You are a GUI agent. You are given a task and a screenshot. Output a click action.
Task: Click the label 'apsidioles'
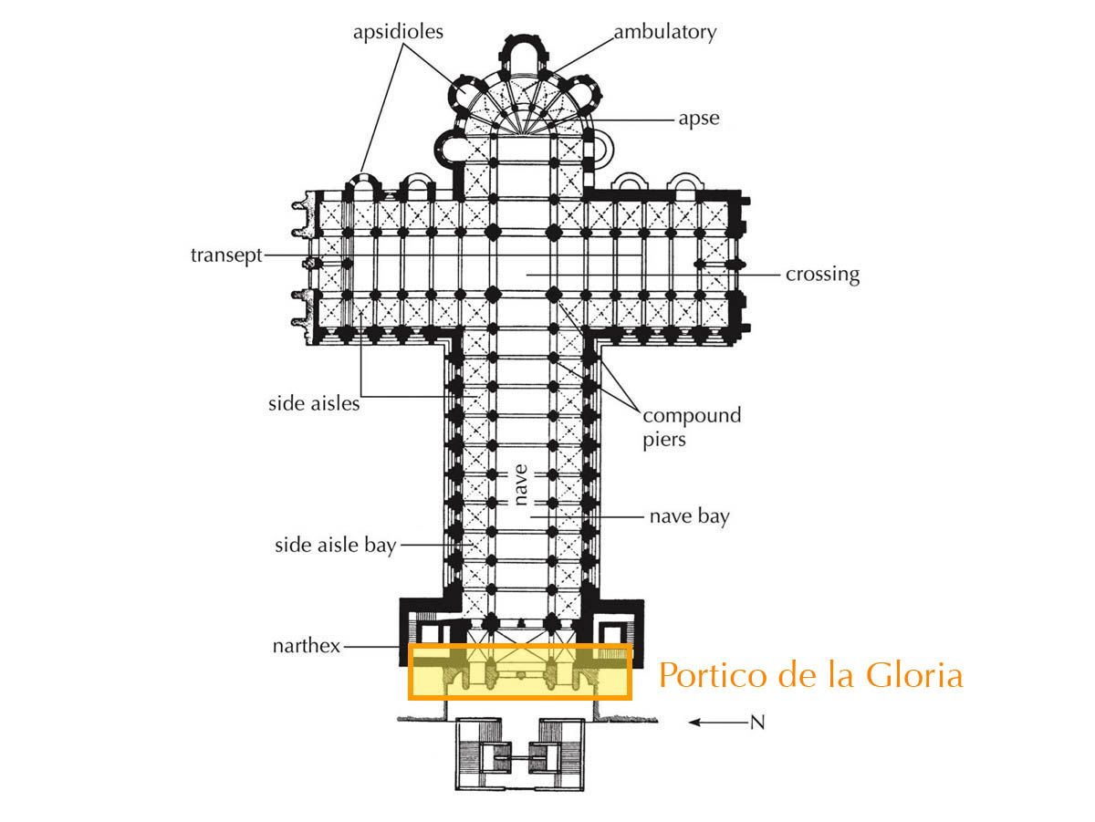(x=398, y=32)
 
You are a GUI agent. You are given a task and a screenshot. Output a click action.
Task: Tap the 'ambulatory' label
(x=665, y=32)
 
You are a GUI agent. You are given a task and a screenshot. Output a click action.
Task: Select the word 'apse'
(x=698, y=120)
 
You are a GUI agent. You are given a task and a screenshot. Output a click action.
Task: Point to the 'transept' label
(x=226, y=255)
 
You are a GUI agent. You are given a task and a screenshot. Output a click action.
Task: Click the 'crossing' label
(x=822, y=275)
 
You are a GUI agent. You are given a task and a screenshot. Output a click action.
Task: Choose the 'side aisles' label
(x=314, y=403)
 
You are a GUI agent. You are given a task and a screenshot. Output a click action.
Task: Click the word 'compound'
(x=692, y=415)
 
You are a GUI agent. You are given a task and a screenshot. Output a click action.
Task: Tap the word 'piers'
(x=664, y=441)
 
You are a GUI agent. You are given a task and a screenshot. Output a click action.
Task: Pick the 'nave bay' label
(x=690, y=516)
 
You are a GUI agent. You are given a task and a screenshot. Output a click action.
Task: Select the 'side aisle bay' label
(x=335, y=546)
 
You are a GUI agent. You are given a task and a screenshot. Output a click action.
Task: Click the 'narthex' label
(x=307, y=647)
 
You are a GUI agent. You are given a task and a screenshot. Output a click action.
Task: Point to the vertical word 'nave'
(x=520, y=484)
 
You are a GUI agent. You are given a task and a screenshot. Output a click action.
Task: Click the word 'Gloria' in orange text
(x=914, y=676)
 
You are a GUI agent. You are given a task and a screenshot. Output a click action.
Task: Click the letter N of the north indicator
(x=757, y=723)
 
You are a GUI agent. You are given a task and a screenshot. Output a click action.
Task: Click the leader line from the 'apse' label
(x=631, y=120)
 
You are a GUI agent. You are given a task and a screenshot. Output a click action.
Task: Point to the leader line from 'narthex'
(x=372, y=647)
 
